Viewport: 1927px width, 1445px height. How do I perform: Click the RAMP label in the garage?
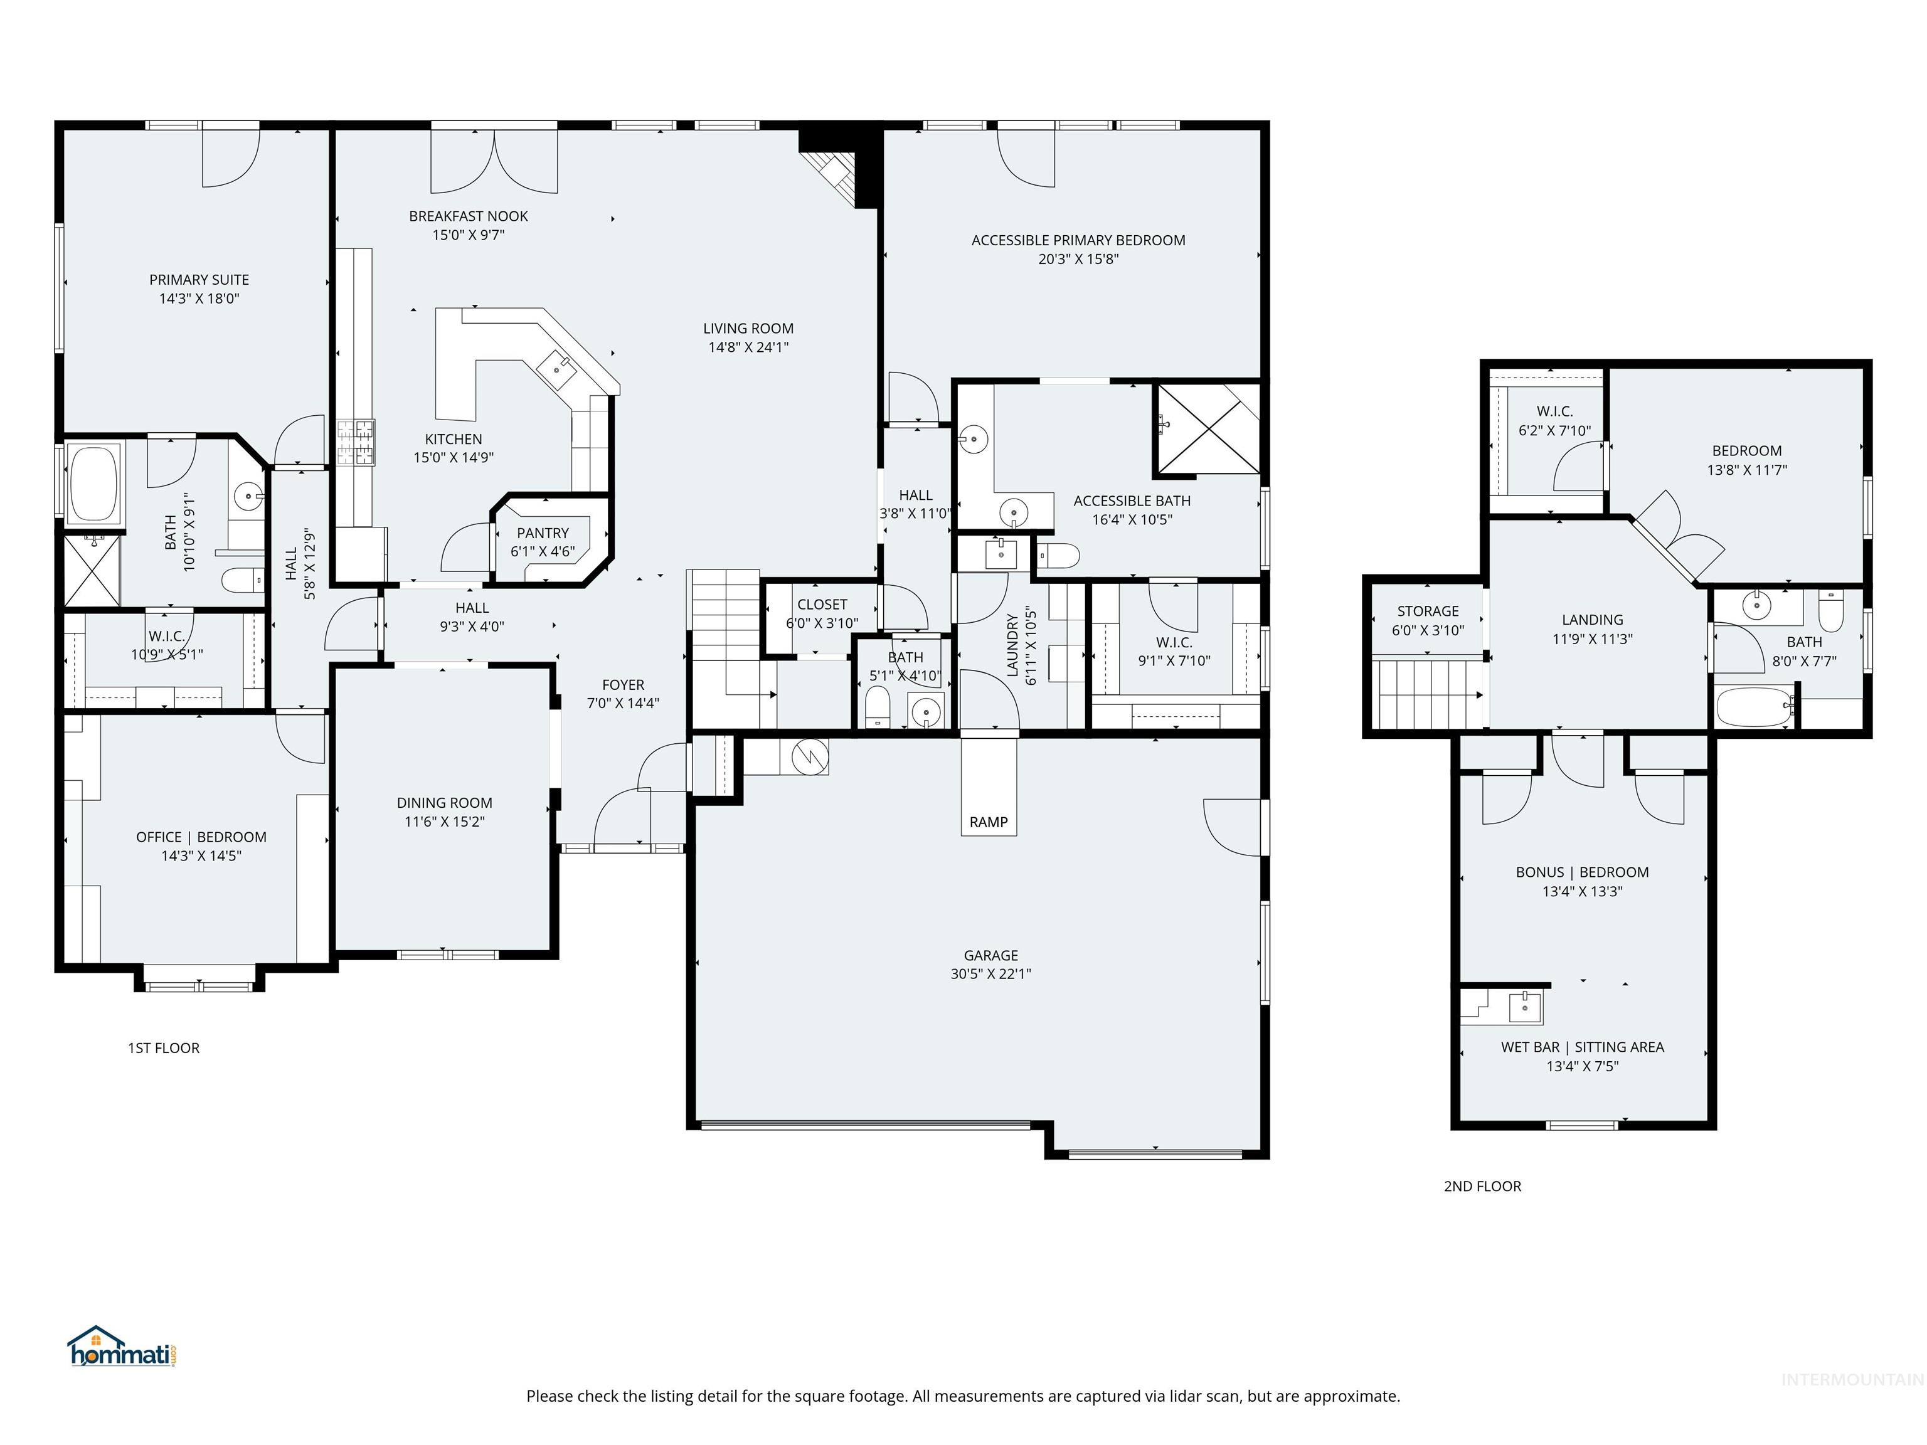pyautogui.click(x=988, y=822)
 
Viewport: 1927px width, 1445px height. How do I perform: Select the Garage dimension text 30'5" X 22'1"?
pyautogui.click(x=990, y=974)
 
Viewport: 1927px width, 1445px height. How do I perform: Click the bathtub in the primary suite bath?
pyautogui.click(x=93, y=484)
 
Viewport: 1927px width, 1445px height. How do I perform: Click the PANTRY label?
pyautogui.click(x=543, y=533)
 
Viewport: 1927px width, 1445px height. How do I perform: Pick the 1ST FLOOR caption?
pyautogui.click(x=164, y=1048)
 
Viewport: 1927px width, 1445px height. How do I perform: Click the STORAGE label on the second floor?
pyautogui.click(x=1427, y=611)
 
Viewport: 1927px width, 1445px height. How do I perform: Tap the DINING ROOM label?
pyautogui.click(x=444, y=802)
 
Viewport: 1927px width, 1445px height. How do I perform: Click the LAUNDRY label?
pyautogui.click(x=1012, y=645)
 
